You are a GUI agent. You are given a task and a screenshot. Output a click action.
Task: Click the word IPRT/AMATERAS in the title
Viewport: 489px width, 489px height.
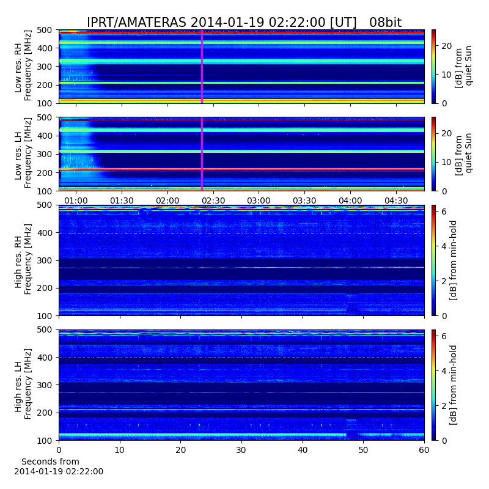[x=136, y=23]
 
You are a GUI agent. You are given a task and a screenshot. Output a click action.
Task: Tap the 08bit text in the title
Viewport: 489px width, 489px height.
[x=386, y=23]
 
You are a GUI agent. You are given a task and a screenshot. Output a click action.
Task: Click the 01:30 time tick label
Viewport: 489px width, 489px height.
[x=122, y=200]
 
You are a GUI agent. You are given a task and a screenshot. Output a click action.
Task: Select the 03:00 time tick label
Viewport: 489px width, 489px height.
[x=259, y=200]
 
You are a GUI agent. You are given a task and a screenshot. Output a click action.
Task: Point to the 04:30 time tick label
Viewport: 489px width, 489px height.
[x=396, y=200]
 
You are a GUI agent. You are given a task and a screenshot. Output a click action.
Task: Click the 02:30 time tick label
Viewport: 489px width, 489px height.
[x=213, y=200]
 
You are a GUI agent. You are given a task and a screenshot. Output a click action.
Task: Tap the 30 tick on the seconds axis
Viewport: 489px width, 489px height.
[x=241, y=450]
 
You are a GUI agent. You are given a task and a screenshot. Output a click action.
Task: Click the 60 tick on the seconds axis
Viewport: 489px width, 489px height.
[x=424, y=450]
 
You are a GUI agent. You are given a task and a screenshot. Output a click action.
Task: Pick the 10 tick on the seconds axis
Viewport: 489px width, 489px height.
[x=119, y=450]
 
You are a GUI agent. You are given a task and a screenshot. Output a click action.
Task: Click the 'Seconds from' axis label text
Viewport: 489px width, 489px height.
[x=50, y=461]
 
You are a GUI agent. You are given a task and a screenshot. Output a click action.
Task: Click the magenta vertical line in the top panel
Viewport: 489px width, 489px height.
[x=202, y=67]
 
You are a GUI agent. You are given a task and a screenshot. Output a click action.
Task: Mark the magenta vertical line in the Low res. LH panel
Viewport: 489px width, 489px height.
[x=202, y=154]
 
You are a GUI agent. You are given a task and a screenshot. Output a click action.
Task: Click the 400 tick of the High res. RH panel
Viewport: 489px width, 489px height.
[x=45, y=233]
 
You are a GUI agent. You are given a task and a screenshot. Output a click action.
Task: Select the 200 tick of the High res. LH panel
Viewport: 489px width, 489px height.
[x=45, y=413]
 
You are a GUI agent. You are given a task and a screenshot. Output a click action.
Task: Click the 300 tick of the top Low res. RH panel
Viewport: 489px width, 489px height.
[x=45, y=67]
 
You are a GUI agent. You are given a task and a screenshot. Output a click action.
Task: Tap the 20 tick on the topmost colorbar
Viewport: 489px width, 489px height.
[x=447, y=46]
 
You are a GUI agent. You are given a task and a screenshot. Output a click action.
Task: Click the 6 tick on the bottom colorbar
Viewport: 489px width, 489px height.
[x=444, y=336]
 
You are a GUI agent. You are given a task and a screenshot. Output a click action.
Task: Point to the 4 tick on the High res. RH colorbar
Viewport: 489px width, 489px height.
[x=444, y=246]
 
